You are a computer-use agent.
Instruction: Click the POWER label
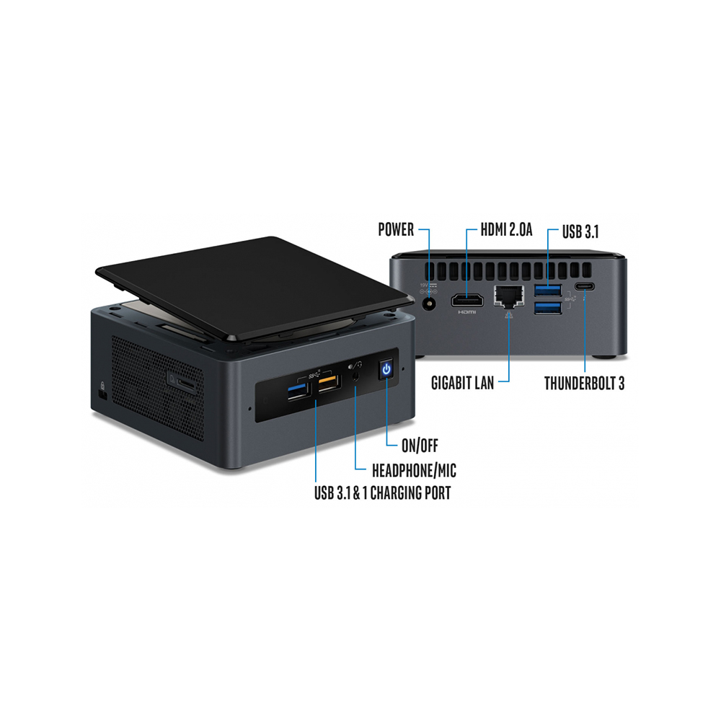tap(396, 230)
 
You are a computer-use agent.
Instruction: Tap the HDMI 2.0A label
tap(508, 230)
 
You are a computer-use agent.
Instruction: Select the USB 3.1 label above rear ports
tap(581, 231)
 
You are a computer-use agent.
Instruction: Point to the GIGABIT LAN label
tap(463, 383)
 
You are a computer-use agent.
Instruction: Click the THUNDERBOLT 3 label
tap(584, 383)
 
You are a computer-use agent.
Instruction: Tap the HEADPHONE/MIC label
tap(414, 472)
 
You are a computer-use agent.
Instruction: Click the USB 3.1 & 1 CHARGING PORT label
tap(383, 494)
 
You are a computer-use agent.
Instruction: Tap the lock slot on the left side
tap(102, 395)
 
